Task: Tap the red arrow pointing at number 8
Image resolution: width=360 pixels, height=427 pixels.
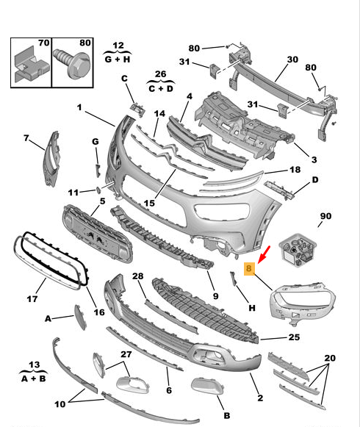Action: coord(265,254)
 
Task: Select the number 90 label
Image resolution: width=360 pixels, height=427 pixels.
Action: coord(325,217)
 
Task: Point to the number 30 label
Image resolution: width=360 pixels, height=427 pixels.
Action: coord(292,60)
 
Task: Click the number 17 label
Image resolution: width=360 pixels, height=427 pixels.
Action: coord(32,299)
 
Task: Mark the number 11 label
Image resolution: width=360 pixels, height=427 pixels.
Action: coord(73,193)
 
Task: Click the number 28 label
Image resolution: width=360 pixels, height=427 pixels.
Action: coord(137,276)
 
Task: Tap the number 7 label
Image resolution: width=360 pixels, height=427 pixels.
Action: coord(26,137)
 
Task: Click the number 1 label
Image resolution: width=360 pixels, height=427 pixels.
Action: coord(79,107)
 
